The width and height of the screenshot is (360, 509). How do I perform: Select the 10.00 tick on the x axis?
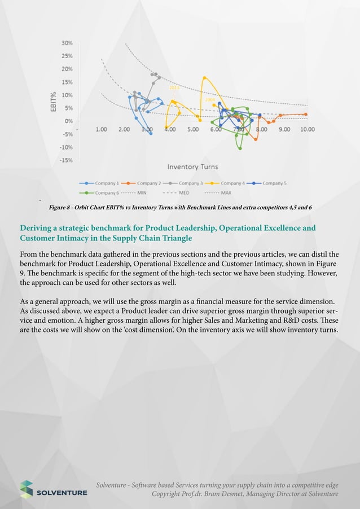pyautogui.click(x=307, y=129)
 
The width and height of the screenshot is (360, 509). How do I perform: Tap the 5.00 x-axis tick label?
pyautogui.click(x=192, y=129)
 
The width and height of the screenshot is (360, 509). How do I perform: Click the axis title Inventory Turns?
pyautogui.click(x=192, y=166)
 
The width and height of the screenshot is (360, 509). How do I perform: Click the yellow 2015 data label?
pyautogui.click(x=175, y=89)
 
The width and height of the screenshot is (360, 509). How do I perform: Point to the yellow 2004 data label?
pyautogui.click(x=209, y=99)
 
